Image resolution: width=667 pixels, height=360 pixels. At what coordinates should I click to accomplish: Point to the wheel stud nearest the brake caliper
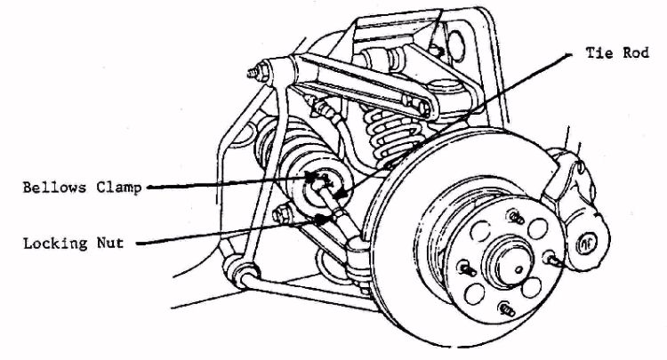click(x=553, y=259)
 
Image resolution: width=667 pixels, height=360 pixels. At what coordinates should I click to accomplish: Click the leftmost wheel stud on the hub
click(x=464, y=268)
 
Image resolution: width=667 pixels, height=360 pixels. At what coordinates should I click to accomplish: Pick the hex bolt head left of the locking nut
click(x=285, y=213)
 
